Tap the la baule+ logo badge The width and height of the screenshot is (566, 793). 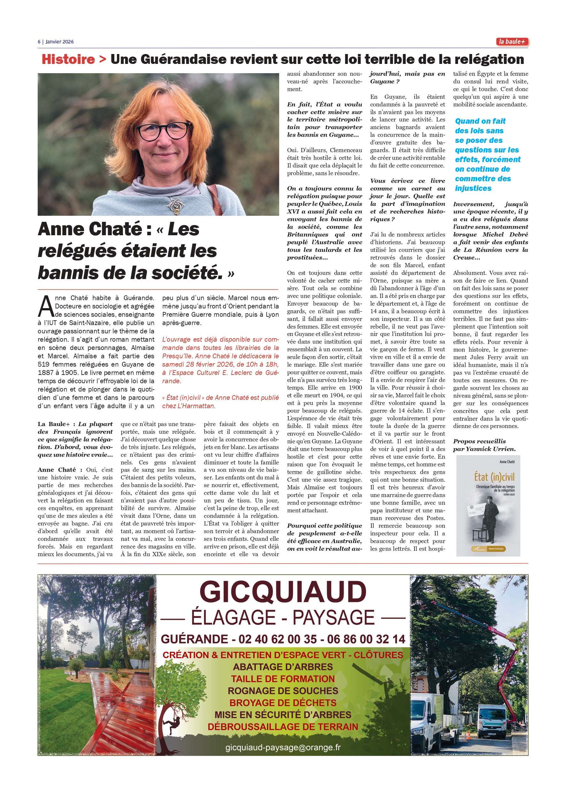[x=512, y=42]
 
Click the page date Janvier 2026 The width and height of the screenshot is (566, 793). [x=60, y=42]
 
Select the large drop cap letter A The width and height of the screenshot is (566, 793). [x=46, y=307]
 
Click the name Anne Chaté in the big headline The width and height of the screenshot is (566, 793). [x=90, y=229]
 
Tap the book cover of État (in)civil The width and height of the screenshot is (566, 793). [x=488, y=505]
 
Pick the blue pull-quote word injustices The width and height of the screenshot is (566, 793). [x=473, y=188]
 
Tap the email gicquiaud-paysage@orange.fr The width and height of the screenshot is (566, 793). [x=283, y=747]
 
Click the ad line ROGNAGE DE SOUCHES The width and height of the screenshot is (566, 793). [x=283, y=691]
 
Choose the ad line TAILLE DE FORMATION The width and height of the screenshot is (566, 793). [x=283, y=679]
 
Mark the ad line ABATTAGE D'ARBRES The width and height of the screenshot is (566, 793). [x=283, y=667]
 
